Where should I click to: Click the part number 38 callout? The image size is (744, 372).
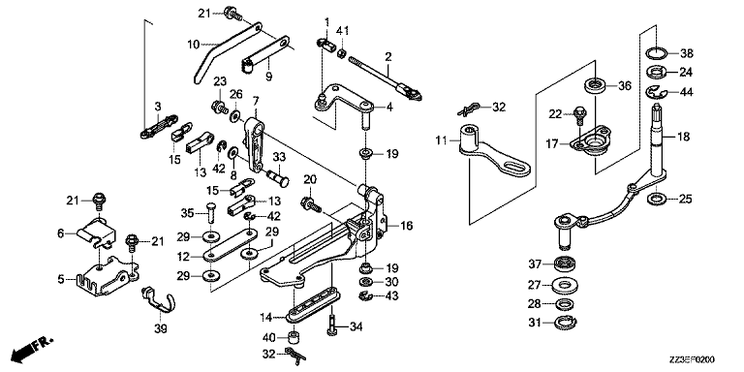tap(686, 53)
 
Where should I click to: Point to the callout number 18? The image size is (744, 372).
tap(683, 138)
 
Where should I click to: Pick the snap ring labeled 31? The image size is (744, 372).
tap(564, 323)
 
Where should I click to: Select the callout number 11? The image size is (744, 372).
tap(442, 140)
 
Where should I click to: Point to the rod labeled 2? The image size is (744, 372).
tap(386, 76)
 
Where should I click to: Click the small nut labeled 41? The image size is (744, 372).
tap(342, 53)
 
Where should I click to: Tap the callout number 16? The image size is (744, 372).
tap(407, 226)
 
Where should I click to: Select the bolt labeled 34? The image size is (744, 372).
tap(331, 325)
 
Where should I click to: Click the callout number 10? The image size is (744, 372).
tap(193, 46)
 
